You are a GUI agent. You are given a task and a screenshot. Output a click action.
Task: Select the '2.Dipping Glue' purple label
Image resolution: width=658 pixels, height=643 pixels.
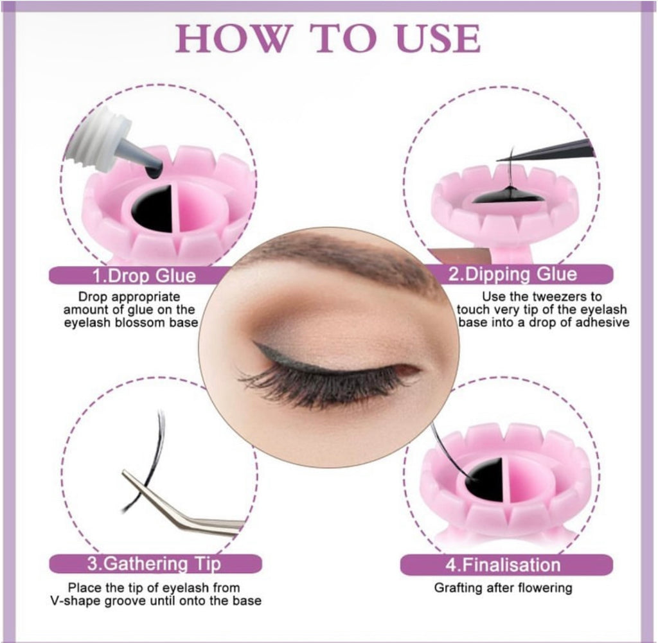coord(512,275)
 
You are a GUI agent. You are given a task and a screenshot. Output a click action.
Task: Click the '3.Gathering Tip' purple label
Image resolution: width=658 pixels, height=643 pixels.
coord(154,564)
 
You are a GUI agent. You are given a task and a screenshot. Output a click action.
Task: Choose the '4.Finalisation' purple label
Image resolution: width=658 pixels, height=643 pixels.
coord(504,565)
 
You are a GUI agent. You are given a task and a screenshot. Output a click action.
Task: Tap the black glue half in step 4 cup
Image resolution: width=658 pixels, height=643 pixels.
coord(485,479)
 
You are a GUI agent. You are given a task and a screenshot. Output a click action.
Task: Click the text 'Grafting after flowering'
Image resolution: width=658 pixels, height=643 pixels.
coord(502,588)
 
